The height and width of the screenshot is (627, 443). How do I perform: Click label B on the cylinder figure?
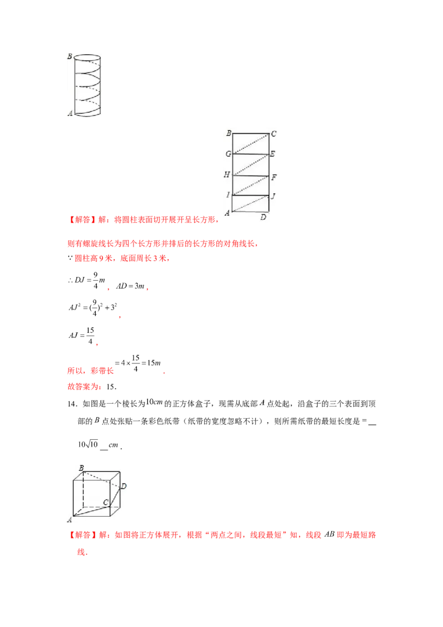click(69, 56)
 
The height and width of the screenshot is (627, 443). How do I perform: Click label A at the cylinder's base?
click(70, 114)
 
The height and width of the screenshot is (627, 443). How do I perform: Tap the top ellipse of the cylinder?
click(87, 58)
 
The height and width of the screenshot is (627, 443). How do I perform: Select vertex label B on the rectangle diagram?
click(228, 133)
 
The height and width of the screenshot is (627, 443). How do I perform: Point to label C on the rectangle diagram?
click(274, 134)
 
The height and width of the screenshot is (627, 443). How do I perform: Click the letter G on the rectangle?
click(227, 154)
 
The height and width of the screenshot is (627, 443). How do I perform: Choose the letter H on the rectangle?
click(226, 174)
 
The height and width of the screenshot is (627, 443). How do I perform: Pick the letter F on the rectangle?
click(273, 177)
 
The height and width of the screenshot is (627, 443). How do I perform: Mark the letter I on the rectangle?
click(227, 194)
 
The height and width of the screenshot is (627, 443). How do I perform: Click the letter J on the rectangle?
click(273, 196)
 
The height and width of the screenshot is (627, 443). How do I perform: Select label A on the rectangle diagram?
click(227, 213)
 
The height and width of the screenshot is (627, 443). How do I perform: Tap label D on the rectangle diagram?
click(263, 218)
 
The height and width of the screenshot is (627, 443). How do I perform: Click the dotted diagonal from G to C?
click(250, 143)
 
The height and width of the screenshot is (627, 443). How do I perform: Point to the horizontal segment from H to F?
click(250, 175)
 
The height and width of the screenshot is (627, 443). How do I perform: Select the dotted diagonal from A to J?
click(250, 203)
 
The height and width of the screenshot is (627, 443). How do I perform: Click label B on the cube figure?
click(81, 469)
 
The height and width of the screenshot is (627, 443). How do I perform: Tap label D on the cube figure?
click(124, 486)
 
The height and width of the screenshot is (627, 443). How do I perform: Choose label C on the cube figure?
click(105, 502)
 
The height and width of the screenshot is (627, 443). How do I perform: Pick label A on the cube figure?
click(70, 520)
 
